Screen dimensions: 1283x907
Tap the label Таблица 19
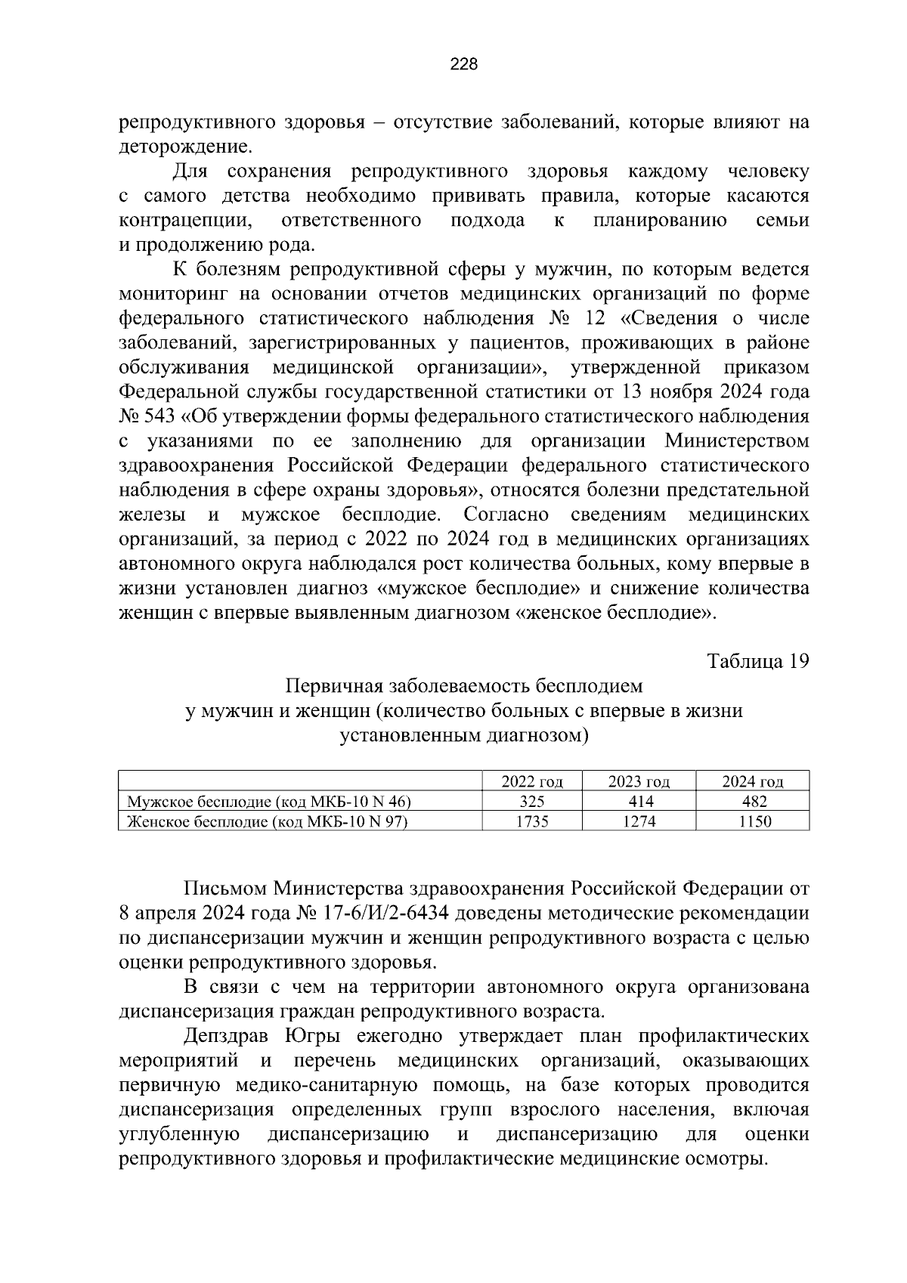(758, 661)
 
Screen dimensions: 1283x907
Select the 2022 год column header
(532, 782)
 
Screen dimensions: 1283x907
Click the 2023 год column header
(639, 782)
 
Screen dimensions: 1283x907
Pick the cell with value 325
(532, 802)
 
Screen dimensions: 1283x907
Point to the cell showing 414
(639, 802)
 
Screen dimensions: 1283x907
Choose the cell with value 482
(753, 802)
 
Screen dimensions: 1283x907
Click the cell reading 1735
(532, 821)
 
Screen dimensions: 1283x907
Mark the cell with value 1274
(639, 821)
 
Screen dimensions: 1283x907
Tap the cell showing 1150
(753, 821)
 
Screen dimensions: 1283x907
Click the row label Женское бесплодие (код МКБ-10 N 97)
(268, 821)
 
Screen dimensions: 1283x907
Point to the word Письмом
(224, 889)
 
